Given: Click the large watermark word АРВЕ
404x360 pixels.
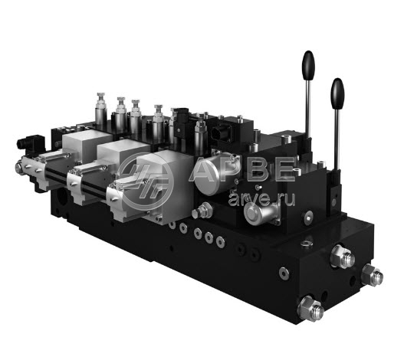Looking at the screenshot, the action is pyautogui.click(x=241, y=169).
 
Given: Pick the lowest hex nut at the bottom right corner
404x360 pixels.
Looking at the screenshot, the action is pyautogui.click(x=310, y=308).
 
